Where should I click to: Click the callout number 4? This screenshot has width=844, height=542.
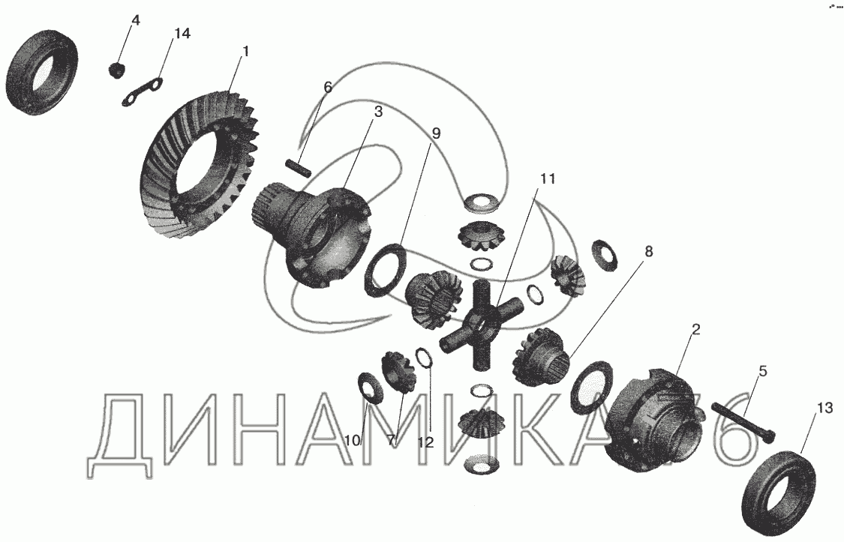click(135, 20)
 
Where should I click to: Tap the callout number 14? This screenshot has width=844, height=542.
click(182, 33)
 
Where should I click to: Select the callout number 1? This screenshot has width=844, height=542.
click(245, 52)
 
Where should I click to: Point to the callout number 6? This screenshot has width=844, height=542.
click(328, 87)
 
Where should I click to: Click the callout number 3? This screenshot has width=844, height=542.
click(378, 112)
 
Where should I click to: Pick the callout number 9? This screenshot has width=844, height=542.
click(436, 133)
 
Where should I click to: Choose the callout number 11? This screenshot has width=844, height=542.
click(548, 178)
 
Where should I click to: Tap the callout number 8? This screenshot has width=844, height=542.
click(649, 251)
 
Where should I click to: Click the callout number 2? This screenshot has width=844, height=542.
click(696, 330)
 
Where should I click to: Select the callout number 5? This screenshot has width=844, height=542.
click(763, 371)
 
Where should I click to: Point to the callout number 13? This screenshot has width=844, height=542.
click(824, 408)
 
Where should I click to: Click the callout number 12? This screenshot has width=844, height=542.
click(425, 442)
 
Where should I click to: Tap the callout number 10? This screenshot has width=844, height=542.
click(353, 440)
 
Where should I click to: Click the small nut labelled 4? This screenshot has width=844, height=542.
click(116, 70)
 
